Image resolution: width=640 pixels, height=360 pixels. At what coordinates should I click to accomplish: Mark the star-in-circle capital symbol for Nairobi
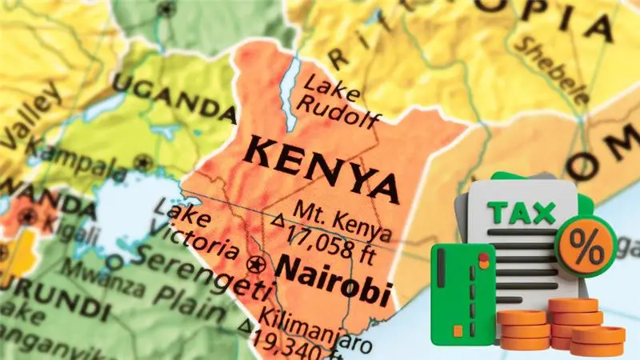(x=258, y=263)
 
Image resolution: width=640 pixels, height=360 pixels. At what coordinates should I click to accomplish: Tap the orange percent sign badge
(x=588, y=244)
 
